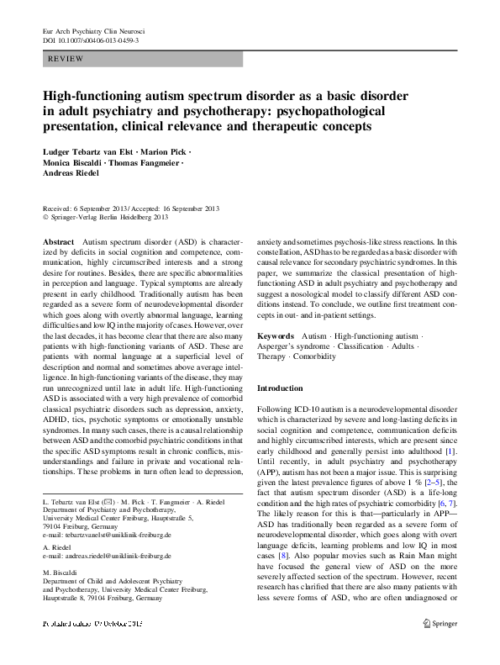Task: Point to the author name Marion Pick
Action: (166, 152)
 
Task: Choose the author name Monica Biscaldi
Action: (72, 164)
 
